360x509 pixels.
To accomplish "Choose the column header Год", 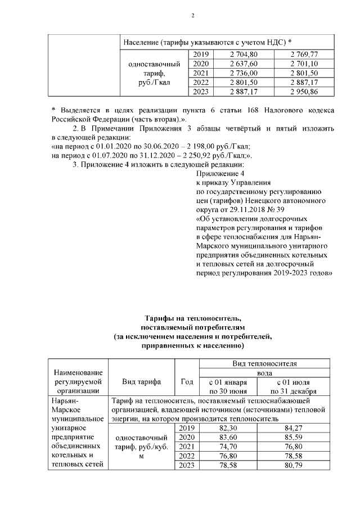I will pos(186,382).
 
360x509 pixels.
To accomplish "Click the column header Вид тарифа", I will pos(141,382).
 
